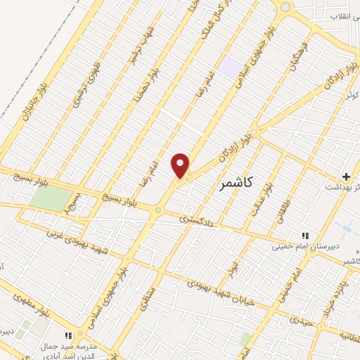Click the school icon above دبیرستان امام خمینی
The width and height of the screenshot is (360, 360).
304,236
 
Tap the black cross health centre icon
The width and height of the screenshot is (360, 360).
345,175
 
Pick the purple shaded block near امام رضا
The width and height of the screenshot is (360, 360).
229,67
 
